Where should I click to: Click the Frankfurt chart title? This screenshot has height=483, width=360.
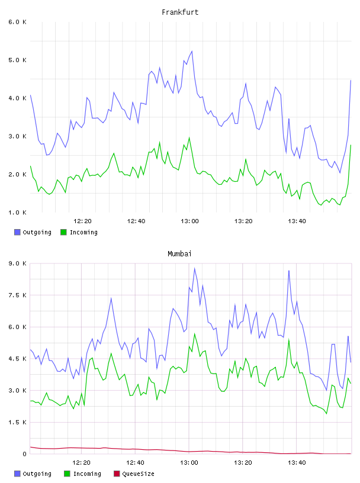(180, 12)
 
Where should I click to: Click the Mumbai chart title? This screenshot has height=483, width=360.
(179, 254)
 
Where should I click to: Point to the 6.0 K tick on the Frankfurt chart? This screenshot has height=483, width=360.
(17, 22)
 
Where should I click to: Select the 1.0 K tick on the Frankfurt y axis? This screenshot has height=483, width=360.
(17, 212)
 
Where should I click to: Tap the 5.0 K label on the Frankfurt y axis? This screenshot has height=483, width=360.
(17, 60)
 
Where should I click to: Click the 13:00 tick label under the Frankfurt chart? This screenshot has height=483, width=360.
(189, 221)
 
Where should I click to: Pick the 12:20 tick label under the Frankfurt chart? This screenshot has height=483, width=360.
(82, 221)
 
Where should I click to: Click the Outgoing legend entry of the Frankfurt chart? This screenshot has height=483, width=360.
(33, 232)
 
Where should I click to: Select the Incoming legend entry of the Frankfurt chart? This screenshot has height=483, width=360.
(79, 232)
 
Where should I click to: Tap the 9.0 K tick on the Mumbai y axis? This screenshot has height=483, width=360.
(17, 263)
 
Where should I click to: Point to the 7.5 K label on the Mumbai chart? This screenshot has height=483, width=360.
(17, 295)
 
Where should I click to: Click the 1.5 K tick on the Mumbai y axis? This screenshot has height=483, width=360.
(17, 422)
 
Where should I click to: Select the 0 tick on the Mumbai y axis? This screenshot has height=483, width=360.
(24, 454)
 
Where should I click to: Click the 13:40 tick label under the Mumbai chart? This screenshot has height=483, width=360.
(297, 463)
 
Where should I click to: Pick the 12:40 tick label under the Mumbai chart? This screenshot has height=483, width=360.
(136, 463)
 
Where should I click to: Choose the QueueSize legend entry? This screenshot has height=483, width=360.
(134, 474)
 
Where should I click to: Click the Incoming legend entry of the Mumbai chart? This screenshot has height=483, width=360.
(82, 474)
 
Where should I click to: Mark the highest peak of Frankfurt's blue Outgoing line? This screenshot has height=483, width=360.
(192, 51)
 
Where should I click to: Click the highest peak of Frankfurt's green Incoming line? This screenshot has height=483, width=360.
(189, 138)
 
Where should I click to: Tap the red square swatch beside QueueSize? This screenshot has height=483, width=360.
(117, 474)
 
